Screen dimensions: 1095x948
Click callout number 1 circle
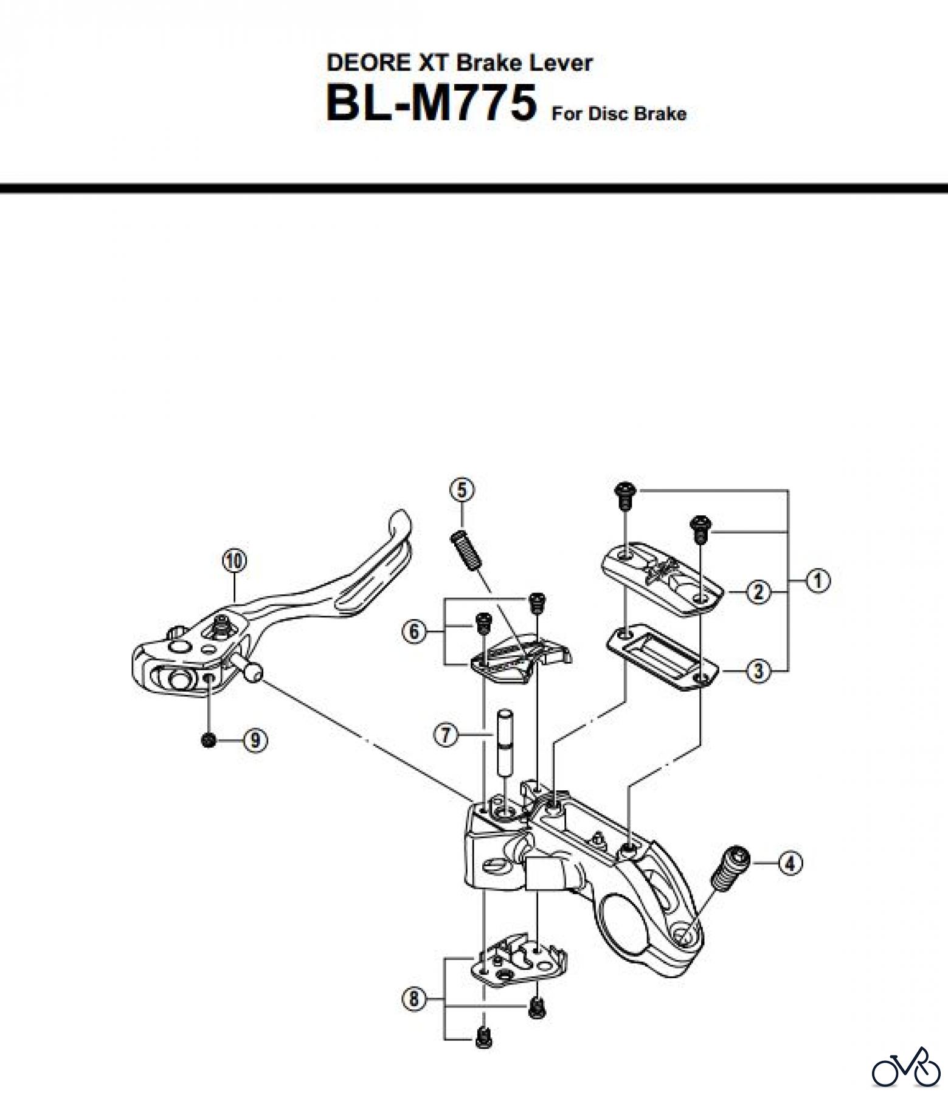point(818,581)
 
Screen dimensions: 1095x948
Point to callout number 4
point(789,863)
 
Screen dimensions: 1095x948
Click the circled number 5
point(462,489)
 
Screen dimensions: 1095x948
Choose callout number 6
point(414,631)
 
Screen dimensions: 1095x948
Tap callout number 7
point(446,735)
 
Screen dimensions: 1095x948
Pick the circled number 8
point(415,999)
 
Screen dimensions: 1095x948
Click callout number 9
point(255,740)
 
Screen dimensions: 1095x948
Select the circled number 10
point(234,560)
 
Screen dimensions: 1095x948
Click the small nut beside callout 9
point(209,740)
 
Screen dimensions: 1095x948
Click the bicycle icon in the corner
point(905,1066)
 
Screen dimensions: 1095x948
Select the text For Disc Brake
point(619,114)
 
